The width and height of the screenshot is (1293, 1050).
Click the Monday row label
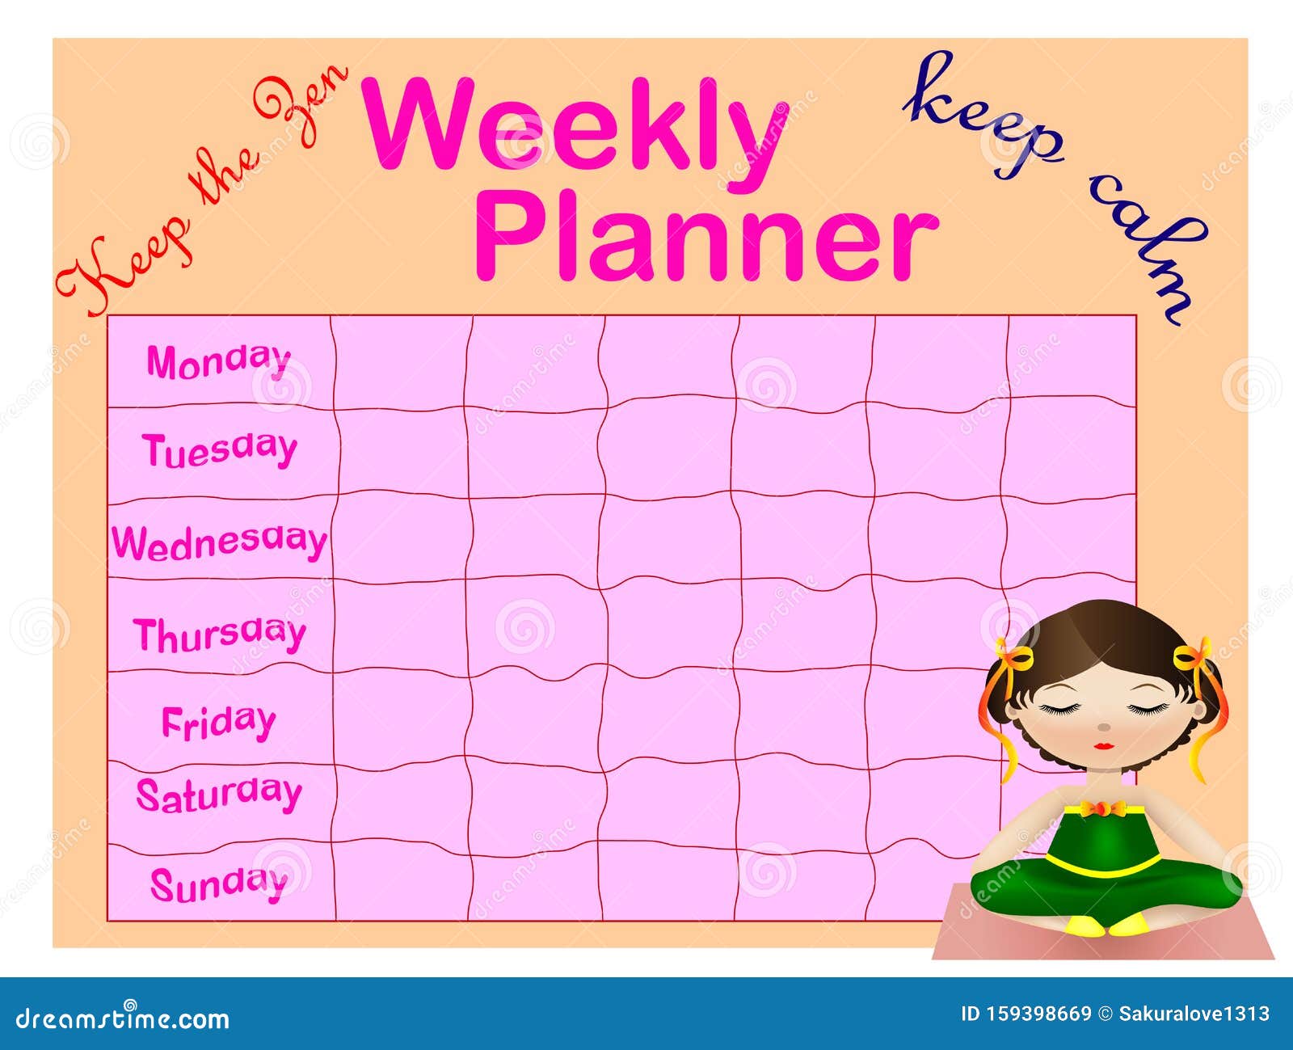pyautogui.click(x=218, y=361)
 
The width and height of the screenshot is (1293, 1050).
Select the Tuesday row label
pyautogui.click(x=220, y=449)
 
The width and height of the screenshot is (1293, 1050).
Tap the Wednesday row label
pyautogui.click(x=220, y=542)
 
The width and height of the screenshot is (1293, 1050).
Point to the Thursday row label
pyautogui.click(x=220, y=634)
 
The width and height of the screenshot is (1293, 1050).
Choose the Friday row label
pyautogui.click(x=218, y=722)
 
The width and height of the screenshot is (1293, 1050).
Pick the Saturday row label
pyautogui.click(x=219, y=795)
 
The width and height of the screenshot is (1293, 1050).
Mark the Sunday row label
pyautogui.click(x=219, y=883)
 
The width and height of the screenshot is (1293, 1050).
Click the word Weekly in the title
pyautogui.click(x=575, y=125)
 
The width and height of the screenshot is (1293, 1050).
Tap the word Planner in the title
pyautogui.click(x=705, y=234)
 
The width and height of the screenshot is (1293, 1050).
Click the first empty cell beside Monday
pyautogui.click(x=401, y=361)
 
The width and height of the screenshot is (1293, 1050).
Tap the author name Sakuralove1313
pyautogui.click(x=1194, y=1014)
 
